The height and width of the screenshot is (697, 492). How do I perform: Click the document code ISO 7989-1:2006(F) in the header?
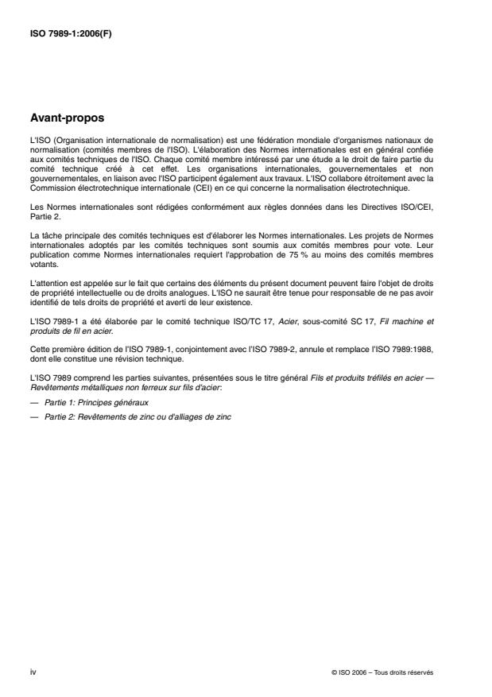pos(69,34)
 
